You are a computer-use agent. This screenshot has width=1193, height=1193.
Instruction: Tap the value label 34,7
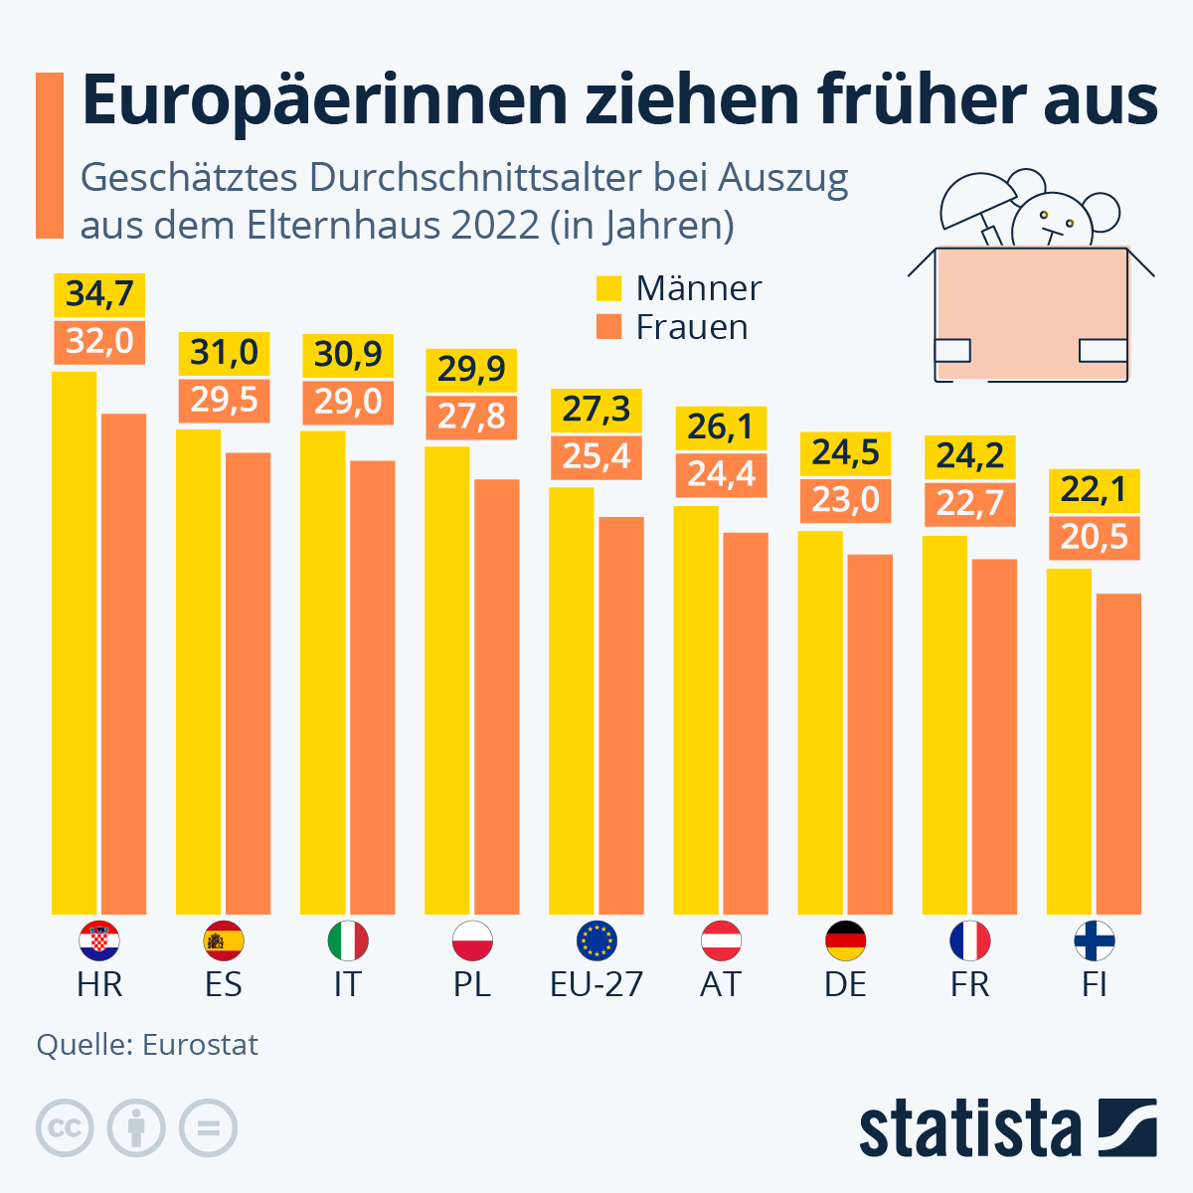tap(99, 294)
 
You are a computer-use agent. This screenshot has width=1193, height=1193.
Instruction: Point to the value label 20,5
tap(1094, 537)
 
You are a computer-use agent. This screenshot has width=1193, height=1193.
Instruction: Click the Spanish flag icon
tap(224, 940)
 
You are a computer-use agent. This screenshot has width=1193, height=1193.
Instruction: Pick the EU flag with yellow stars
tap(596, 940)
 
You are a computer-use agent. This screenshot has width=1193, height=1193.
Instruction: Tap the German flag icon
tap(845, 940)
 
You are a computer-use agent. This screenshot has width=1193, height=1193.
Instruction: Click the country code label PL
tap(472, 984)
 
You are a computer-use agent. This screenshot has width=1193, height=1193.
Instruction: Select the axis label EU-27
tap(596, 984)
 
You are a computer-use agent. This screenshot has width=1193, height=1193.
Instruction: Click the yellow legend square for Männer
tap(608, 288)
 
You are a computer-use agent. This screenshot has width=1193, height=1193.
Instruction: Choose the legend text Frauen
tap(692, 327)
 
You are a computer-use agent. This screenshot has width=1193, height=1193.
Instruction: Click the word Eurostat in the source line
tap(200, 1045)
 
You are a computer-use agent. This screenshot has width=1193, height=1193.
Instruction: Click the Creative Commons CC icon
tap(65, 1128)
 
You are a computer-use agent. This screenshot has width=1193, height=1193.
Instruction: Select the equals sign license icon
tap(208, 1128)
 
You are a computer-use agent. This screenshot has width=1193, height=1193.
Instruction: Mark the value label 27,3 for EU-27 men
tap(596, 409)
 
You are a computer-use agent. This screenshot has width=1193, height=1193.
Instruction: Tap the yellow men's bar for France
tap(944, 725)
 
